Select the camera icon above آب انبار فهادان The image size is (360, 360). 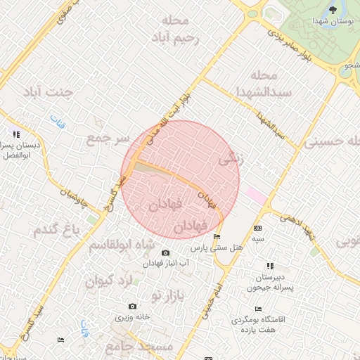pyautogui.click(x=165, y=253)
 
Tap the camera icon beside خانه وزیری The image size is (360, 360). pyautogui.click(x=132, y=307)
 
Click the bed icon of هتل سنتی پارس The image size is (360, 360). pyautogui.click(x=217, y=237)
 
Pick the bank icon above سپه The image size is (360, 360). pyautogui.click(x=257, y=229)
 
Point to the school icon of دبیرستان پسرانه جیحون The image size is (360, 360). pyautogui.click(x=270, y=266)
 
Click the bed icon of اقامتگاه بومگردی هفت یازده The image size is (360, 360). pyautogui.click(x=258, y=309)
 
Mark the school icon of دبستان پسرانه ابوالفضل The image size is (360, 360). pyautogui.click(x=15, y=134)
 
